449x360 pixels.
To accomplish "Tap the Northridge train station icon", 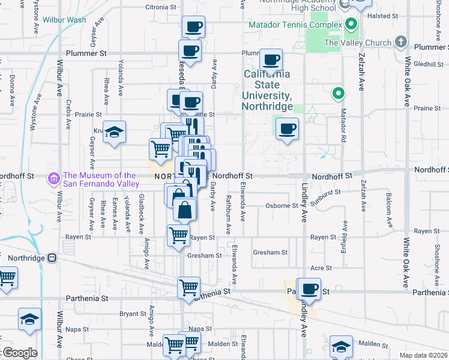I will pos(52,258).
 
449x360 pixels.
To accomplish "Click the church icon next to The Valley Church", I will pos(402,43).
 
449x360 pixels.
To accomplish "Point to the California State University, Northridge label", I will pos(267,90).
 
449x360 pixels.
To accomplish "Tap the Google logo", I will pos(19,353).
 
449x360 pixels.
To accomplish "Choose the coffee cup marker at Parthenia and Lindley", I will pos(310,289).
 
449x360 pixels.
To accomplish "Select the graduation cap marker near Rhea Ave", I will pos(113,131).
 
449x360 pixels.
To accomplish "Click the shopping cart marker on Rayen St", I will pos(178,235).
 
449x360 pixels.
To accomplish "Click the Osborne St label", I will pos(282,206).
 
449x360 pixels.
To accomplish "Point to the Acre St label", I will pos(321,268).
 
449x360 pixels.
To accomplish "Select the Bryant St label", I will pos(129,313).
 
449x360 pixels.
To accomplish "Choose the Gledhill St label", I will pos(427,64).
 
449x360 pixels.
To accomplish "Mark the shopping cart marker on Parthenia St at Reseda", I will pos(189,287).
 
